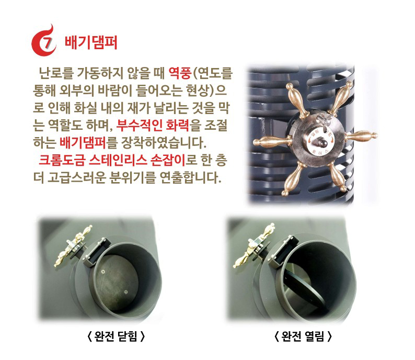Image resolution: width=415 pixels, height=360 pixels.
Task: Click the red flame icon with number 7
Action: click(x=44, y=42)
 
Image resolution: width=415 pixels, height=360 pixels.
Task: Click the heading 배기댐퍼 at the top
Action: click(x=90, y=43)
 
